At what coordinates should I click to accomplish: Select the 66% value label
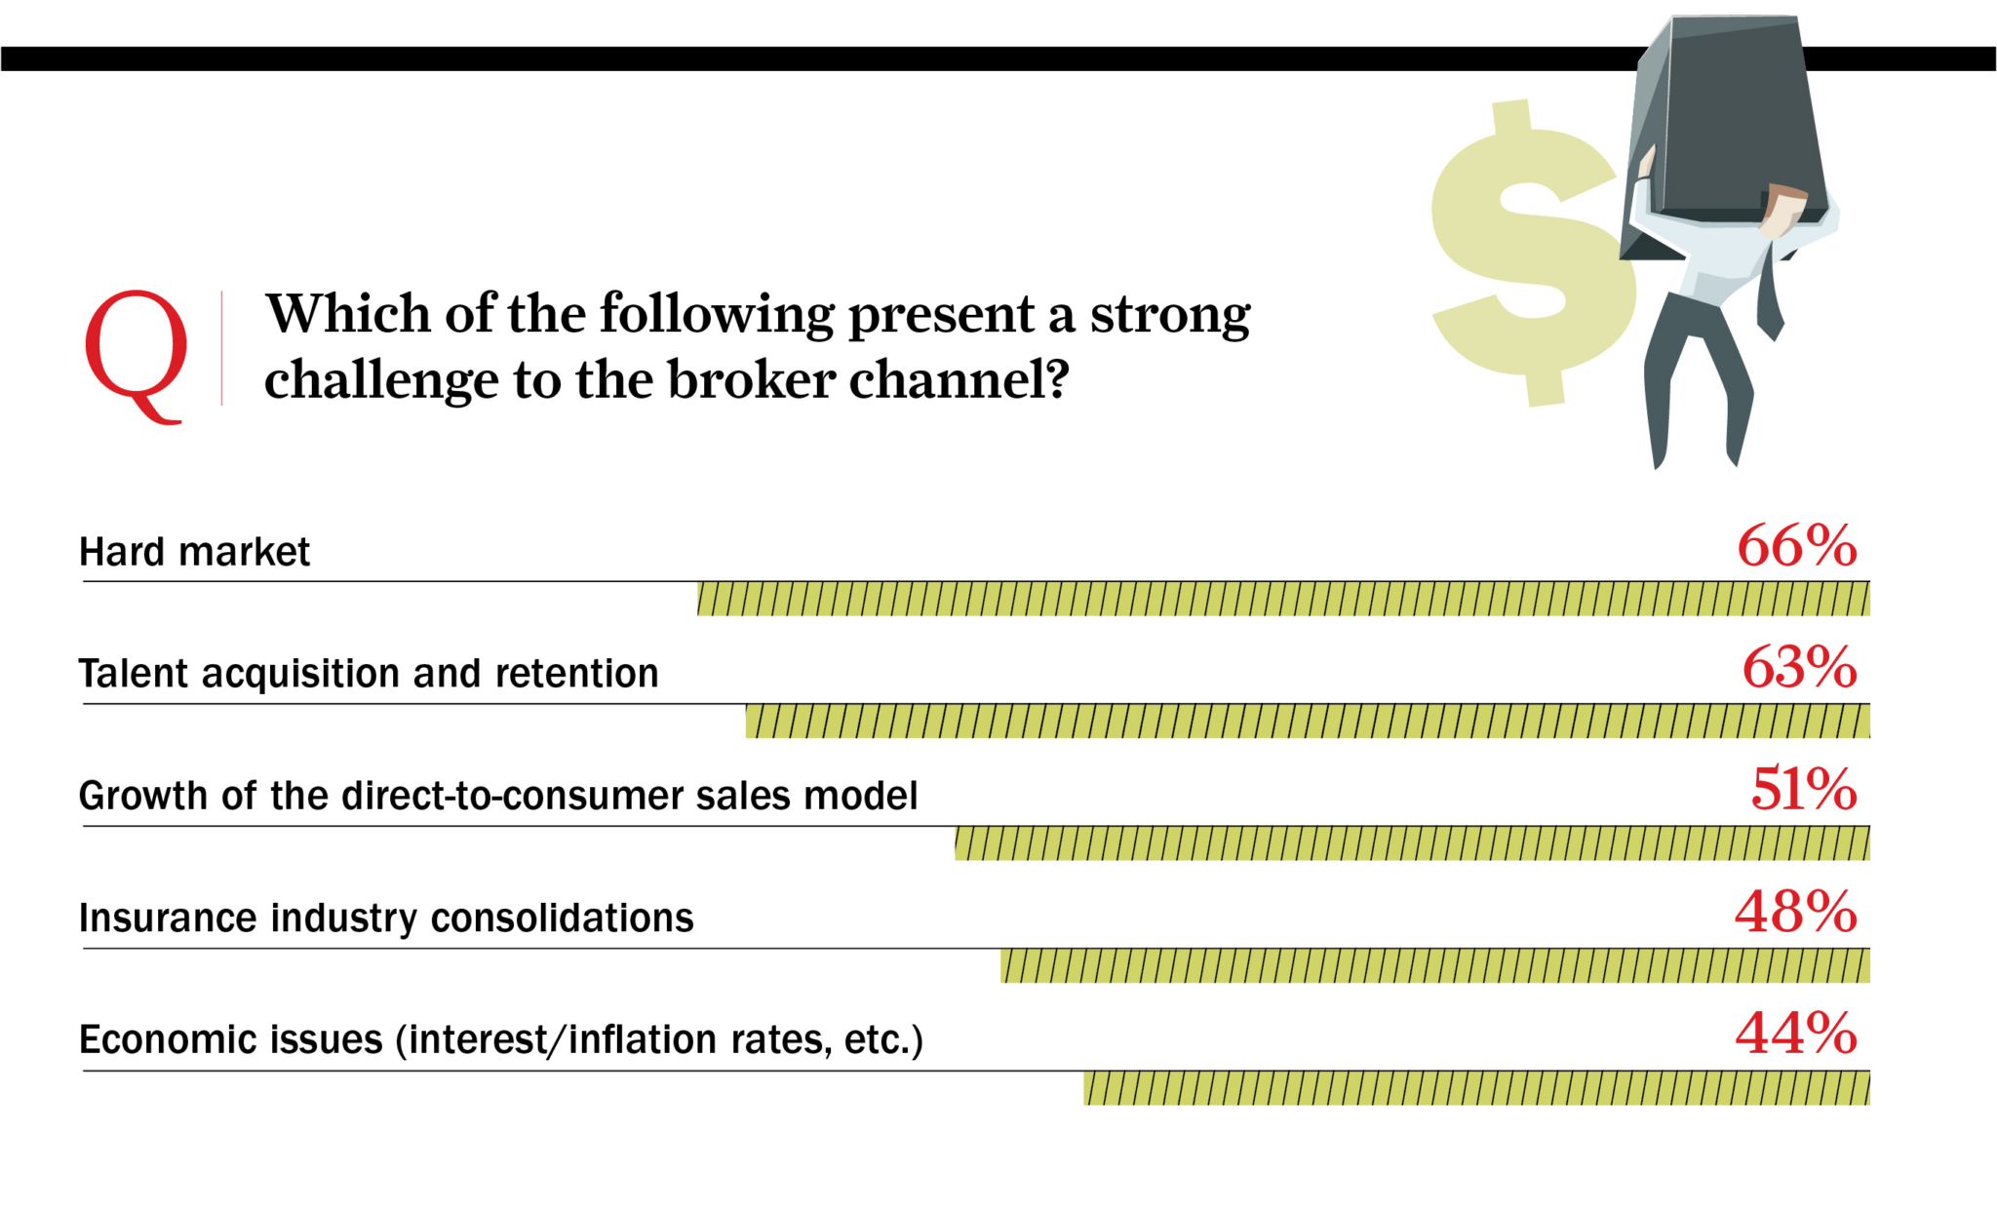[1797, 546]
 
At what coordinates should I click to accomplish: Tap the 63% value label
[1799, 668]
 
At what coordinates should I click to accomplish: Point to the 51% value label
[1804, 790]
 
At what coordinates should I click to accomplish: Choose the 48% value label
[1796, 913]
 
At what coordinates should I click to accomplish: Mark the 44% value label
[1796, 1035]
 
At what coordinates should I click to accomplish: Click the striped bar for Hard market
[1283, 599]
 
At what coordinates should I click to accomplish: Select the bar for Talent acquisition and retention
[1308, 722]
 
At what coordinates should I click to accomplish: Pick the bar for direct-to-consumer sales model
[1412, 843]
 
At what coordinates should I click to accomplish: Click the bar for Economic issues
[1476, 1088]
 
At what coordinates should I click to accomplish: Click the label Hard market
[194, 552]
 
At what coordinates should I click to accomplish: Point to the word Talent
[133, 674]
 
